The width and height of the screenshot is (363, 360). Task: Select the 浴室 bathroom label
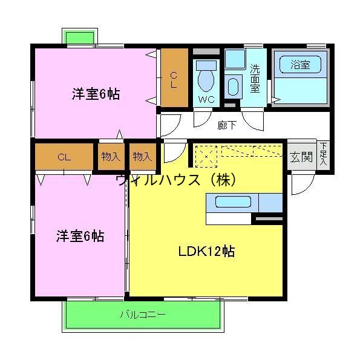(x=299, y=64)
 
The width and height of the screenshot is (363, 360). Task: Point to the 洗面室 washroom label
(x=255, y=79)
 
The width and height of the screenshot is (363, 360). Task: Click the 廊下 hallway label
(x=227, y=125)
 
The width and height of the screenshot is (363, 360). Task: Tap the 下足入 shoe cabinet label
(x=324, y=154)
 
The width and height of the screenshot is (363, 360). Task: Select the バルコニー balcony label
(x=142, y=315)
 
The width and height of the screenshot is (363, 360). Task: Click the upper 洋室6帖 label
(x=96, y=94)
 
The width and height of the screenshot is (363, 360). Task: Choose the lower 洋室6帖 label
(x=80, y=236)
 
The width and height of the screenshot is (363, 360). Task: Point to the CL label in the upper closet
(x=174, y=80)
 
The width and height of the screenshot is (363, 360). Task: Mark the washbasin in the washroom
(x=233, y=86)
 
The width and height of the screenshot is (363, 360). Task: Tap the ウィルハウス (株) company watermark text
(x=175, y=180)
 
